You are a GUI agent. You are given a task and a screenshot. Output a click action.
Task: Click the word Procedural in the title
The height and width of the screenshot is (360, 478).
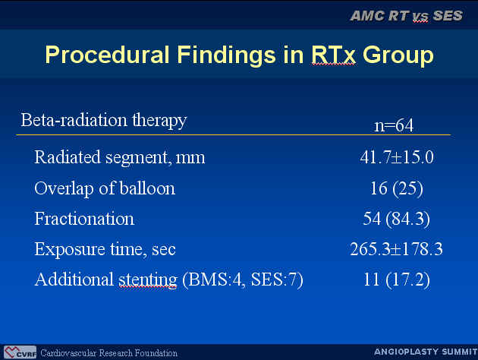point(107,55)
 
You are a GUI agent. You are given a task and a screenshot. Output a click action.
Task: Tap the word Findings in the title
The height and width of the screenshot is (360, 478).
point(227,55)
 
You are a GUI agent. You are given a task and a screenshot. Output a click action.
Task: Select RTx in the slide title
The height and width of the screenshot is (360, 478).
point(333,55)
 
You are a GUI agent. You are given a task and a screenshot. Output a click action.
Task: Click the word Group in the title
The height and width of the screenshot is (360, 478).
point(398,55)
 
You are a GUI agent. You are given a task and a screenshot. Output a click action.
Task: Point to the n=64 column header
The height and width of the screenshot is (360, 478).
point(394,125)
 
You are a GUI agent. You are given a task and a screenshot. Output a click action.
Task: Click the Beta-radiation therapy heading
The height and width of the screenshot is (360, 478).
point(104,120)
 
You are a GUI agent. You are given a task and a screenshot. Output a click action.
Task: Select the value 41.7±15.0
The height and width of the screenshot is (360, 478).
point(397,157)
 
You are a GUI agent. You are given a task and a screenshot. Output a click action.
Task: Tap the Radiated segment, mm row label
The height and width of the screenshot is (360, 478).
point(120,158)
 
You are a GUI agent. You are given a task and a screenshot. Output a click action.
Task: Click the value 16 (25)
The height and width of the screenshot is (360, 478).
point(397,188)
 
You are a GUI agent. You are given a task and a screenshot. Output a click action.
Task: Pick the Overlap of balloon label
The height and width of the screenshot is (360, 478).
point(105,188)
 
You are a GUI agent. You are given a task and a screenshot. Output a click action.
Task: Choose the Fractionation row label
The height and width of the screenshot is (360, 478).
point(84,219)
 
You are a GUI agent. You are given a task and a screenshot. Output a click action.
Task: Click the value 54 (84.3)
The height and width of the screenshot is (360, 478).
point(397,219)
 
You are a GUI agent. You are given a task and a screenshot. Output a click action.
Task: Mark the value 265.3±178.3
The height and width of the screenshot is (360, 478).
point(396,249)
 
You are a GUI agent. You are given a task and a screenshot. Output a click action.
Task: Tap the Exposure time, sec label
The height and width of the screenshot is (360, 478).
point(105,249)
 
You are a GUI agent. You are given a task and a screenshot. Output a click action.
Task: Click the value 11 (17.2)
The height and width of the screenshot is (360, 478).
point(397,279)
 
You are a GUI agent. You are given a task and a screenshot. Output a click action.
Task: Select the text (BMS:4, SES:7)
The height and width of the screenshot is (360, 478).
point(243,279)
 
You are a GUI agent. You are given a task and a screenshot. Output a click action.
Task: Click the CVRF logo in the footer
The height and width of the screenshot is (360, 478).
point(20,352)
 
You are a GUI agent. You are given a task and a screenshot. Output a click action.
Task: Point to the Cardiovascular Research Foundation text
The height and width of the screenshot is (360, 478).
point(108,353)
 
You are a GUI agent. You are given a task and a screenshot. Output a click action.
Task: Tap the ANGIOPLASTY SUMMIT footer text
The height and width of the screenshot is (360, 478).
point(426,352)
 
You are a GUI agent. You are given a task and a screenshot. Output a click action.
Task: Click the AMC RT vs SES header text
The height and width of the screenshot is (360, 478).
point(407,16)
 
